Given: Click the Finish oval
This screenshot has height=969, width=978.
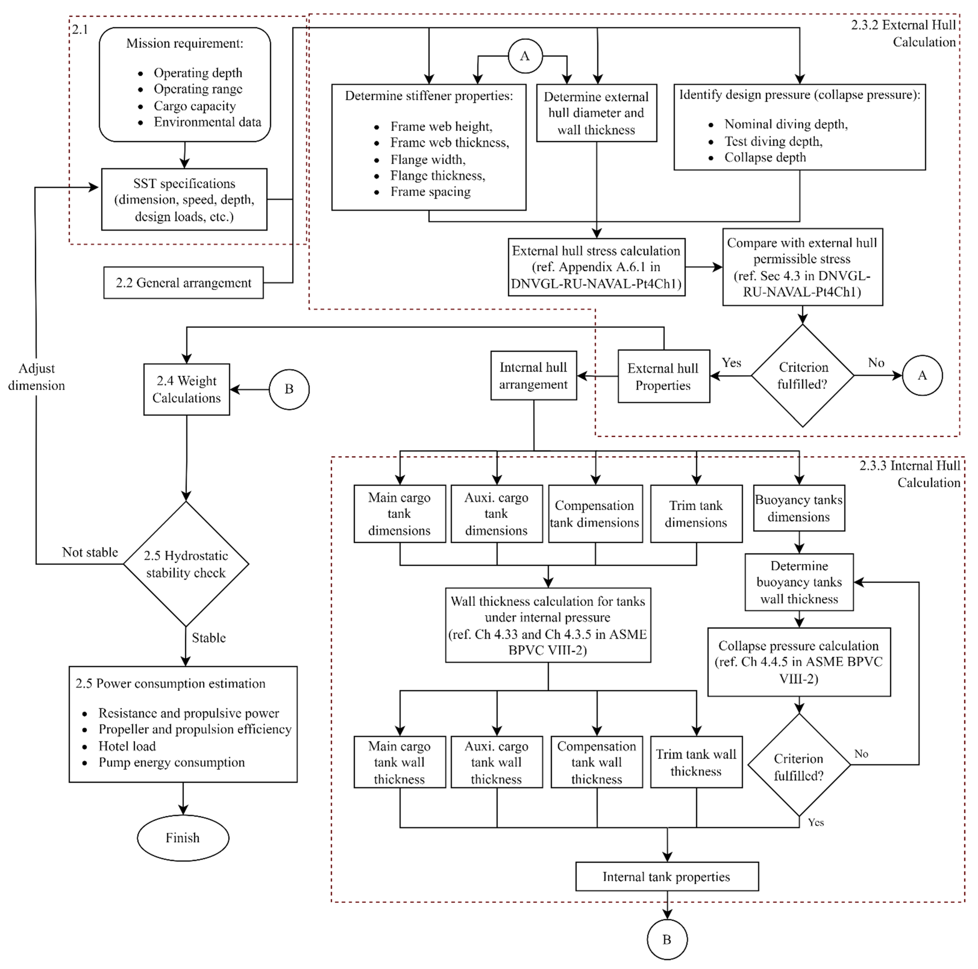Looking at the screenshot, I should [183, 838].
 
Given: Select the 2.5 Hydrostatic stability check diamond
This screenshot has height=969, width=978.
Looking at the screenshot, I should [186, 564].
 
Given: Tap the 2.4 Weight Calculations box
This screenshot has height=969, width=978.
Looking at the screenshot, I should [186, 389].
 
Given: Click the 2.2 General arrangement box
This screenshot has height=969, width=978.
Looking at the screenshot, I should [183, 283].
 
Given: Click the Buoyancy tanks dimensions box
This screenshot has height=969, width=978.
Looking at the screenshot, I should [799, 508].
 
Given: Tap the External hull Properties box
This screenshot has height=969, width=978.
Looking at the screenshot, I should [663, 376].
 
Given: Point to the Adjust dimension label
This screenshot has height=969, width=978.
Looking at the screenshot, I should [36, 377].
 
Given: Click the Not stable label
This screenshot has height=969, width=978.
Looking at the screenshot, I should [90, 552].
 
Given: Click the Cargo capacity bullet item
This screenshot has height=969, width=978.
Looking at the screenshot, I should [194, 106].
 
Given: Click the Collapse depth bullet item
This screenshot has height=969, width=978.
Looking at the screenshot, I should [765, 158].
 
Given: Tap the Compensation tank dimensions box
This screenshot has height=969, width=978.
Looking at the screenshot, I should [595, 514].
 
